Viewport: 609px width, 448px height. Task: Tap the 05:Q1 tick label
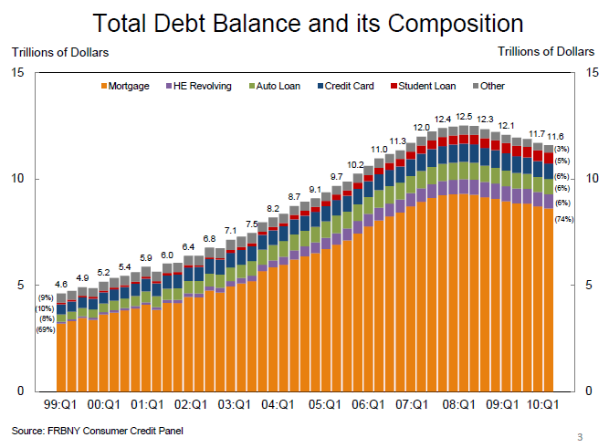pos(325,402)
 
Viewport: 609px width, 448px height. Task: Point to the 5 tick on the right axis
pos(590,285)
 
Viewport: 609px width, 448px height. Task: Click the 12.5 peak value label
pos(464,118)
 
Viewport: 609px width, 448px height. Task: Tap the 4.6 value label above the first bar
pos(61,286)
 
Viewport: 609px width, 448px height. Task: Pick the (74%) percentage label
pos(563,219)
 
